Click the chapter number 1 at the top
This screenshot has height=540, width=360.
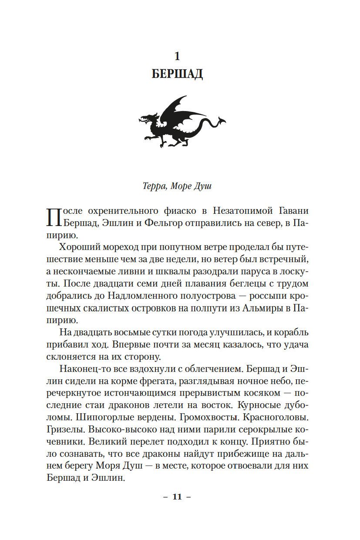pyautogui.click(x=177, y=56)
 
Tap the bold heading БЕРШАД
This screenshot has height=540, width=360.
pyautogui.click(x=177, y=74)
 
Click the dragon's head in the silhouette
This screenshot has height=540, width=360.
pyautogui.click(x=147, y=118)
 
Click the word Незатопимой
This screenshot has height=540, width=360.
pyautogui.click(x=244, y=211)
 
